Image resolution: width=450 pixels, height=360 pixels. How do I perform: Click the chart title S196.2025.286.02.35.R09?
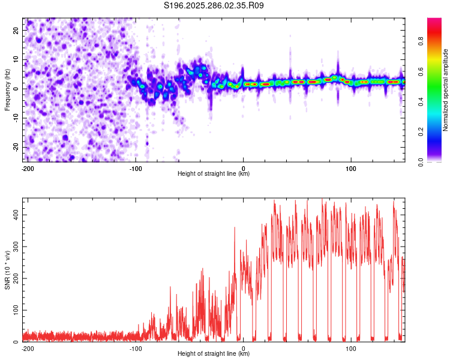coord(214,5)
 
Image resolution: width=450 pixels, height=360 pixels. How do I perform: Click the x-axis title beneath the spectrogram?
coord(214,174)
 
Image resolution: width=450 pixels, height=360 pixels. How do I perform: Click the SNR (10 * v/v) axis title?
coord(8,270)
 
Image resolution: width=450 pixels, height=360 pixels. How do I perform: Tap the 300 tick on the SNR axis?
coord(14,247)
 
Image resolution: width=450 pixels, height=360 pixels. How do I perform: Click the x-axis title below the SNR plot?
coord(214,354)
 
